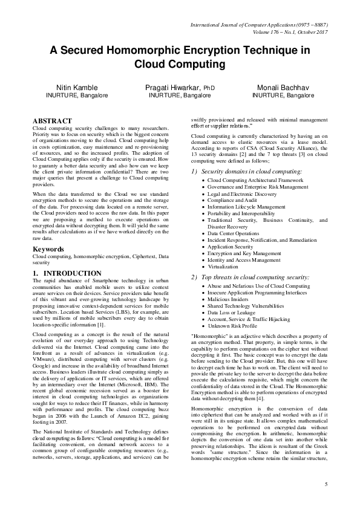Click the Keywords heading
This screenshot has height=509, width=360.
pyautogui.click(x=48, y=248)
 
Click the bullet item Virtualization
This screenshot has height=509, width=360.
pyautogui.click(x=223, y=266)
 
